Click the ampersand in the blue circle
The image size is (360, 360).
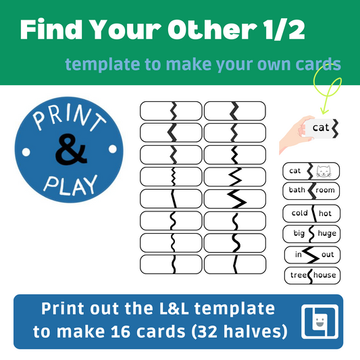[x=71, y=149]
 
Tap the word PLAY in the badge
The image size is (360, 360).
[x=71, y=186]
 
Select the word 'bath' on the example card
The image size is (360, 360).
[x=297, y=190]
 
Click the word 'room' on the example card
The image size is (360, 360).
[x=325, y=190]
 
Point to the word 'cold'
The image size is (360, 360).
[x=300, y=213]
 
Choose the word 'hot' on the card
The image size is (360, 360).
[x=325, y=213]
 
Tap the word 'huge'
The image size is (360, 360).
[x=327, y=234]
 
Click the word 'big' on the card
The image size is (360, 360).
[x=299, y=233]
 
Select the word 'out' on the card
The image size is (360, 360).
[x=328, y=255]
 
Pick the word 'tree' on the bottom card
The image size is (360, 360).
[x=299, y=275]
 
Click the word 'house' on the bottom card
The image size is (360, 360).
[x=325, y=275]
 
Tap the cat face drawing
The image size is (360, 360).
[x=324, y=172]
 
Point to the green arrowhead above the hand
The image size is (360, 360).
[x=324, y=110]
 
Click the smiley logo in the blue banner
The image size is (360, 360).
[x=320, y=322]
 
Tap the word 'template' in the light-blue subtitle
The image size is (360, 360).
[x=103, y=65]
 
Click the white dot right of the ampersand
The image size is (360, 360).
[x=113, y=149]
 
